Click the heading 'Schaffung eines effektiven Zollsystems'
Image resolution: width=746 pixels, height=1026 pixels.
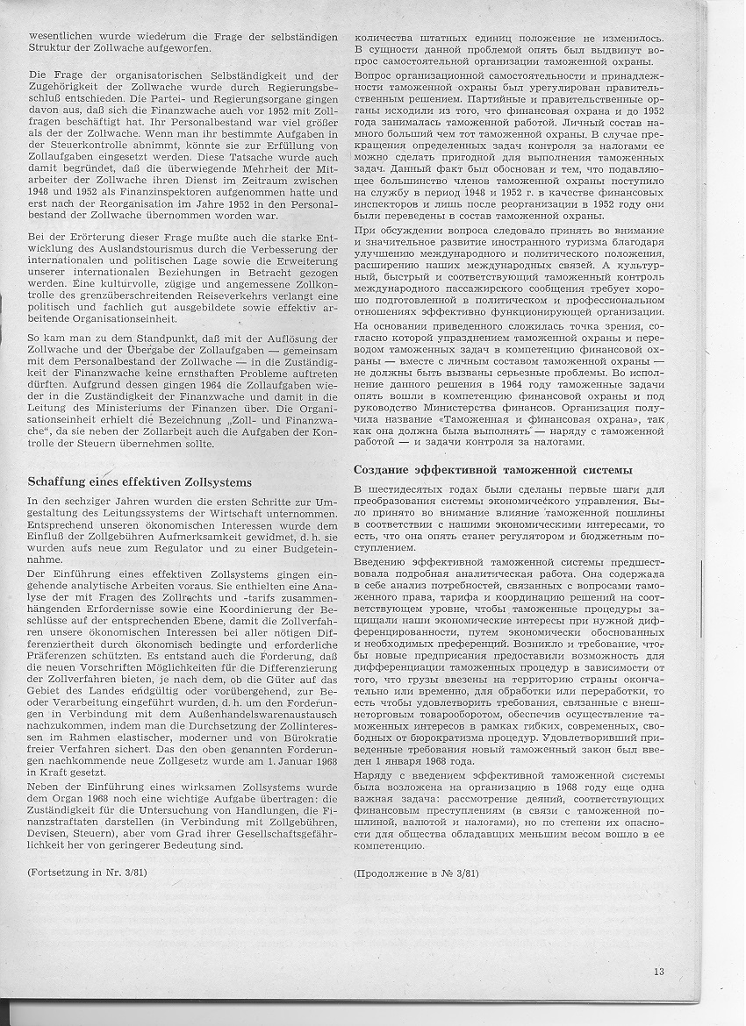(140, 481)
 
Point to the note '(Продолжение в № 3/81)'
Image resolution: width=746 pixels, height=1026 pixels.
(416, 873)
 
